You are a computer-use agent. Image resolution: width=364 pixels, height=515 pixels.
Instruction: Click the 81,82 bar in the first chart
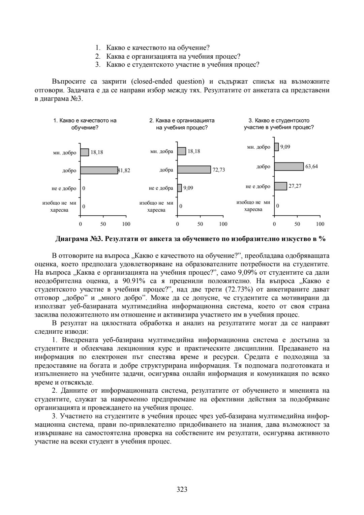pos(99,171)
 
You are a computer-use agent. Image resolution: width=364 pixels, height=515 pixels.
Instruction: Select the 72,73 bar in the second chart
pos(194,170)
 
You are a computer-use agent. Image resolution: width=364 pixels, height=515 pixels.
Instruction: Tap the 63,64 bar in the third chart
pos(289,166)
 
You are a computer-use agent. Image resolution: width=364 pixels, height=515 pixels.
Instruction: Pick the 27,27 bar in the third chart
pos(280,186)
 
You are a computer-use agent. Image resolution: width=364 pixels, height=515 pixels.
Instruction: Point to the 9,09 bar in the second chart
pos(180,188)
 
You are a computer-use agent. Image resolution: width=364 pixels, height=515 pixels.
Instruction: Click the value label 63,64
pos(311,166)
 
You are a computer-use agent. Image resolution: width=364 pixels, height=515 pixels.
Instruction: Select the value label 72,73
pos(219,170)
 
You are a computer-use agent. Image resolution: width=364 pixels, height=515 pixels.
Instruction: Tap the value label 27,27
pos(295,186)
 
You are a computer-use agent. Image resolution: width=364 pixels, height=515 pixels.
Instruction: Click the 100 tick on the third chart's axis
pos(320,224)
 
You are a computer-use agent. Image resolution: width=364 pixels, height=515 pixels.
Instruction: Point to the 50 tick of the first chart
pos(103,224)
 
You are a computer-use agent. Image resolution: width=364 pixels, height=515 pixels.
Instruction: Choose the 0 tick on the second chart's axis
pos(178,224)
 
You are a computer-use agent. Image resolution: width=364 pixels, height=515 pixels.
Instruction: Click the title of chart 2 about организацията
pos(182,124)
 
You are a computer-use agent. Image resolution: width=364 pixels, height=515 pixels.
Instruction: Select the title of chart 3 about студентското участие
pos(279,124)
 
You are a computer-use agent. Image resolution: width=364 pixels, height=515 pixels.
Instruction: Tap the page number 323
pos(182,489)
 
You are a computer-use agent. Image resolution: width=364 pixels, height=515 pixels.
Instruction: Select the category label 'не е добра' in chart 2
pos(161,188)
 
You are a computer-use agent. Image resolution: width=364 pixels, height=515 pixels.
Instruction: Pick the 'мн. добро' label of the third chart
pos(259,147)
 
